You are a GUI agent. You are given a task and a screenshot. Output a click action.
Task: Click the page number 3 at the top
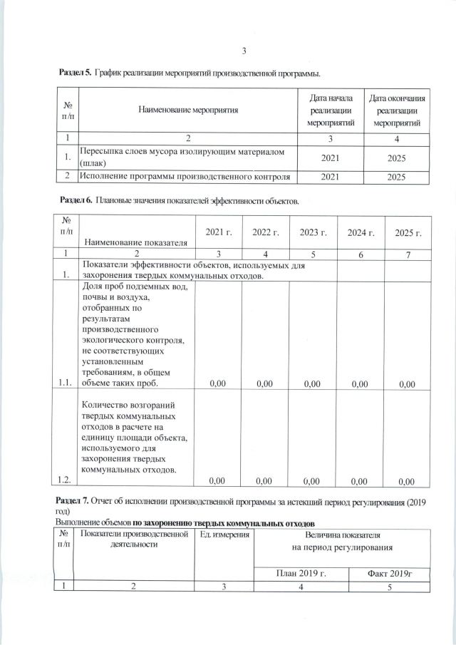pyautogui.click(x=244, y=51)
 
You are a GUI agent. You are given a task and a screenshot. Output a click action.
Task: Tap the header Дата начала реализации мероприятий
pyautogui.click(x=330, y=110)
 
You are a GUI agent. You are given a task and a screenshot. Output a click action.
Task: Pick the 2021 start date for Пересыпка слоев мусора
pyautogui.click(x=330, y=158)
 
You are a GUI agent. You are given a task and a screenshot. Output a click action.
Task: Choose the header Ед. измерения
pyautogui.click(x=224, y=535)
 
